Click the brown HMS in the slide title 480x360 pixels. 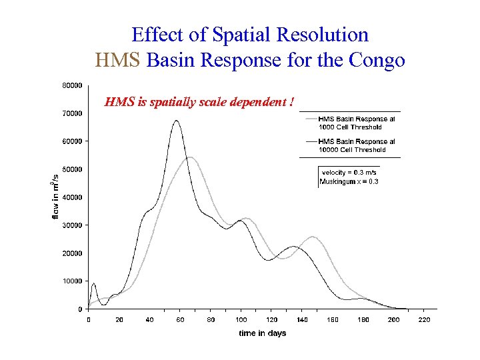coord(118,61)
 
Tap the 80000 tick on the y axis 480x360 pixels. coord(73,85)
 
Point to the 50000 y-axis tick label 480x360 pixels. coord(73,169)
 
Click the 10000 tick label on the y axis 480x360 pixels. coord(73,281)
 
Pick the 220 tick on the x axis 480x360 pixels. coord(424,319)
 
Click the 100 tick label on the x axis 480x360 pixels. coord(241,319)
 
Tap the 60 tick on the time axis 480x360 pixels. coord(181,319)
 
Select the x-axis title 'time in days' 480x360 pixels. coord(263,333)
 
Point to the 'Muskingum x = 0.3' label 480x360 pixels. coord(349,181)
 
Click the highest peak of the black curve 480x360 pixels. coord(176,121)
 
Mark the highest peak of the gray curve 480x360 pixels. coord(190,157)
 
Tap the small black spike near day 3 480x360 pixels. coord(94,284)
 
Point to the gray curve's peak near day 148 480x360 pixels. coord(313,237)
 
